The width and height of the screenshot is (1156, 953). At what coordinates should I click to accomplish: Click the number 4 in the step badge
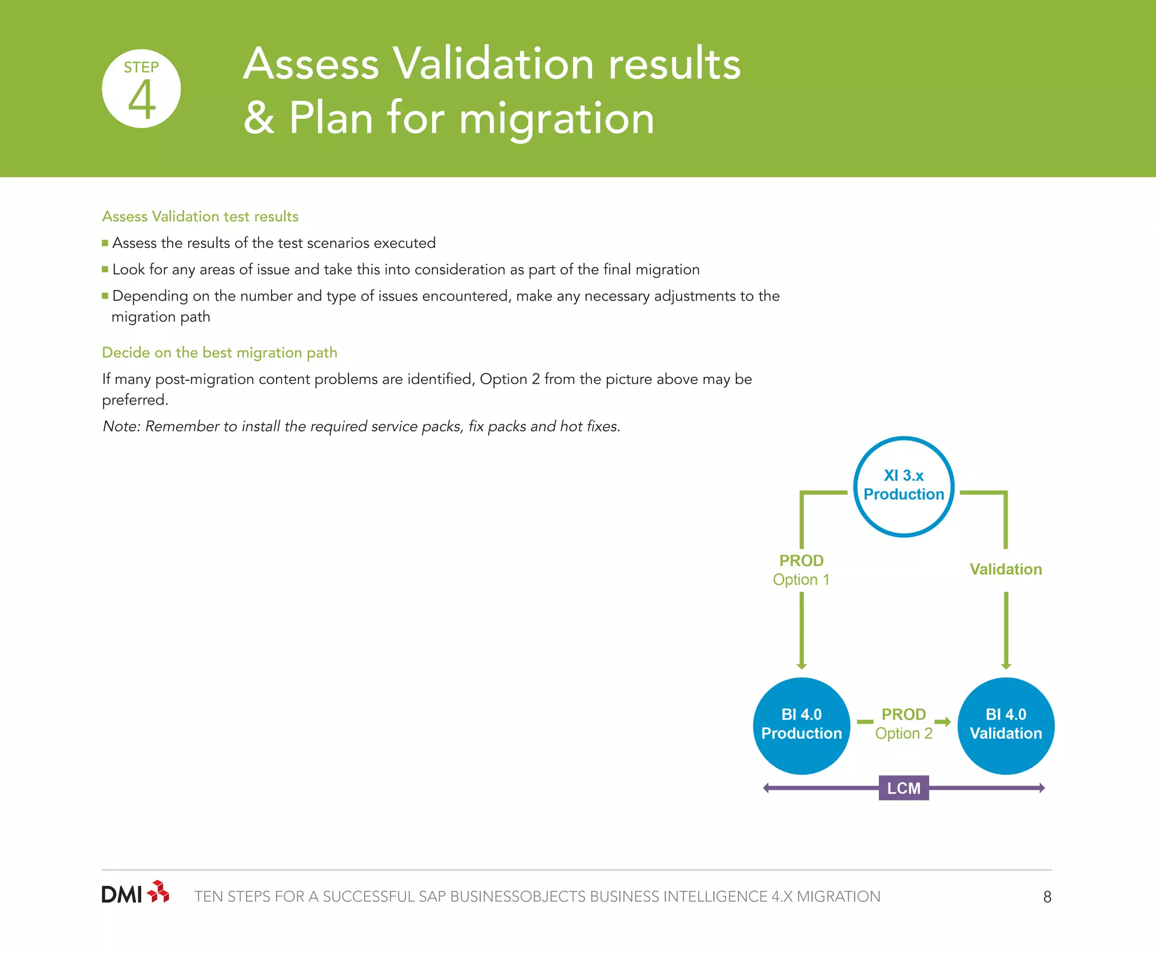pyautogui.click(x=142, y=101)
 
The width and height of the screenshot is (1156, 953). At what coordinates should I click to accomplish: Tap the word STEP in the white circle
pyautogui.click(x=141, y=68)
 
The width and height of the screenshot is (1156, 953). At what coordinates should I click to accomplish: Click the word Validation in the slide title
pyautogui.click(x=493, y=63)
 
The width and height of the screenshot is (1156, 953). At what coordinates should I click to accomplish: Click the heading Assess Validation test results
pyautogui.click(x=200, y=216)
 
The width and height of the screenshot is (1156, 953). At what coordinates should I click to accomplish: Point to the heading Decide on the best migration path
pyautogui.click(x=220, y=353)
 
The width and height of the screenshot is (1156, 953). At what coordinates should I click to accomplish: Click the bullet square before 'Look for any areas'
pyautogui.click(x=105, y=269)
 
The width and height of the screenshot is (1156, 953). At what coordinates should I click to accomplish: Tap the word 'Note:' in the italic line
pyautogui.click(x=121, y=427)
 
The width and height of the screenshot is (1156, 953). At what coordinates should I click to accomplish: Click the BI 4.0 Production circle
pyautogui.click(x=802, y=725)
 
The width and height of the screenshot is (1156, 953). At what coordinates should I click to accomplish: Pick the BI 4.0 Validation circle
pyautogui.click(x=1006, y=725)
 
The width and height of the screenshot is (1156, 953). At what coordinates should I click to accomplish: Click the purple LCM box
pyautogui.click(x=904, y=788)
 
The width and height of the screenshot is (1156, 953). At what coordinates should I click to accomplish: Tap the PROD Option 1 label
pyautogui.click(x=801, y=570)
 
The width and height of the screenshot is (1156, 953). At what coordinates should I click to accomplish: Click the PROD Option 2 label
pyautogui.click(x=904, y=724)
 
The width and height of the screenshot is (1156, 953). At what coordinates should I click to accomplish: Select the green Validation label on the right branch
pyautogui.click(x=1006, y=569)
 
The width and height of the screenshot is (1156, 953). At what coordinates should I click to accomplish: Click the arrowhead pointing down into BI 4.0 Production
pyautogui.click(x=802, y=665)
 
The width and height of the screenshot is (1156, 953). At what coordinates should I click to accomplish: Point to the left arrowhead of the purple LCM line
pyautogui.click(x=766, y=788)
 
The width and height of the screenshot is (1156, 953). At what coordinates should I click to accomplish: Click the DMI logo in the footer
pyautogui.click(x=135, y=893)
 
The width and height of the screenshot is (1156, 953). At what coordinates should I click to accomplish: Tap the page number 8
pyautogui.click(x=1047, y=897)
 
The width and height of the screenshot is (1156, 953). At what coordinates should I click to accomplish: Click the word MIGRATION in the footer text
pyautogui.click(x=838, y=897)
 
